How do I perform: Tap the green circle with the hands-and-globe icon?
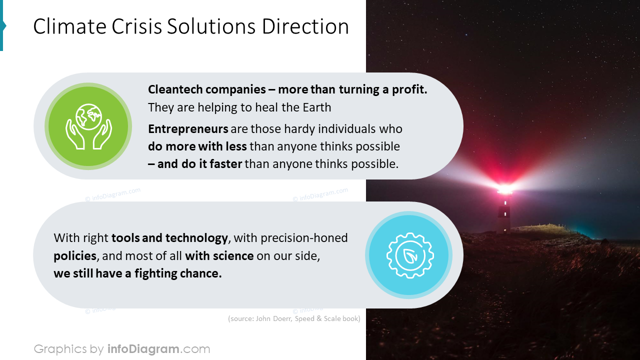click(x=88, y=126)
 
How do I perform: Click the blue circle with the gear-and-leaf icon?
click(x=408, y=255)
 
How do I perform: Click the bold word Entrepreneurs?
click(x=188, y=129)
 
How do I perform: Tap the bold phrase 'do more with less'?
click(x=197, y=146)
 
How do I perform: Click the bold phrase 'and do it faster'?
click(x=199, y=164)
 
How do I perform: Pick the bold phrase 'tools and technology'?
click(x=169, y=238)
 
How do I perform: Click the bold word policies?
click(x=74, y=256)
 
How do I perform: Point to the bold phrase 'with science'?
click(x=219, y=256)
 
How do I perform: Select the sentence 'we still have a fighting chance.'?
click(x=137, y=273)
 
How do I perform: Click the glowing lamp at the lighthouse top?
click(x=504, y=189)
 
